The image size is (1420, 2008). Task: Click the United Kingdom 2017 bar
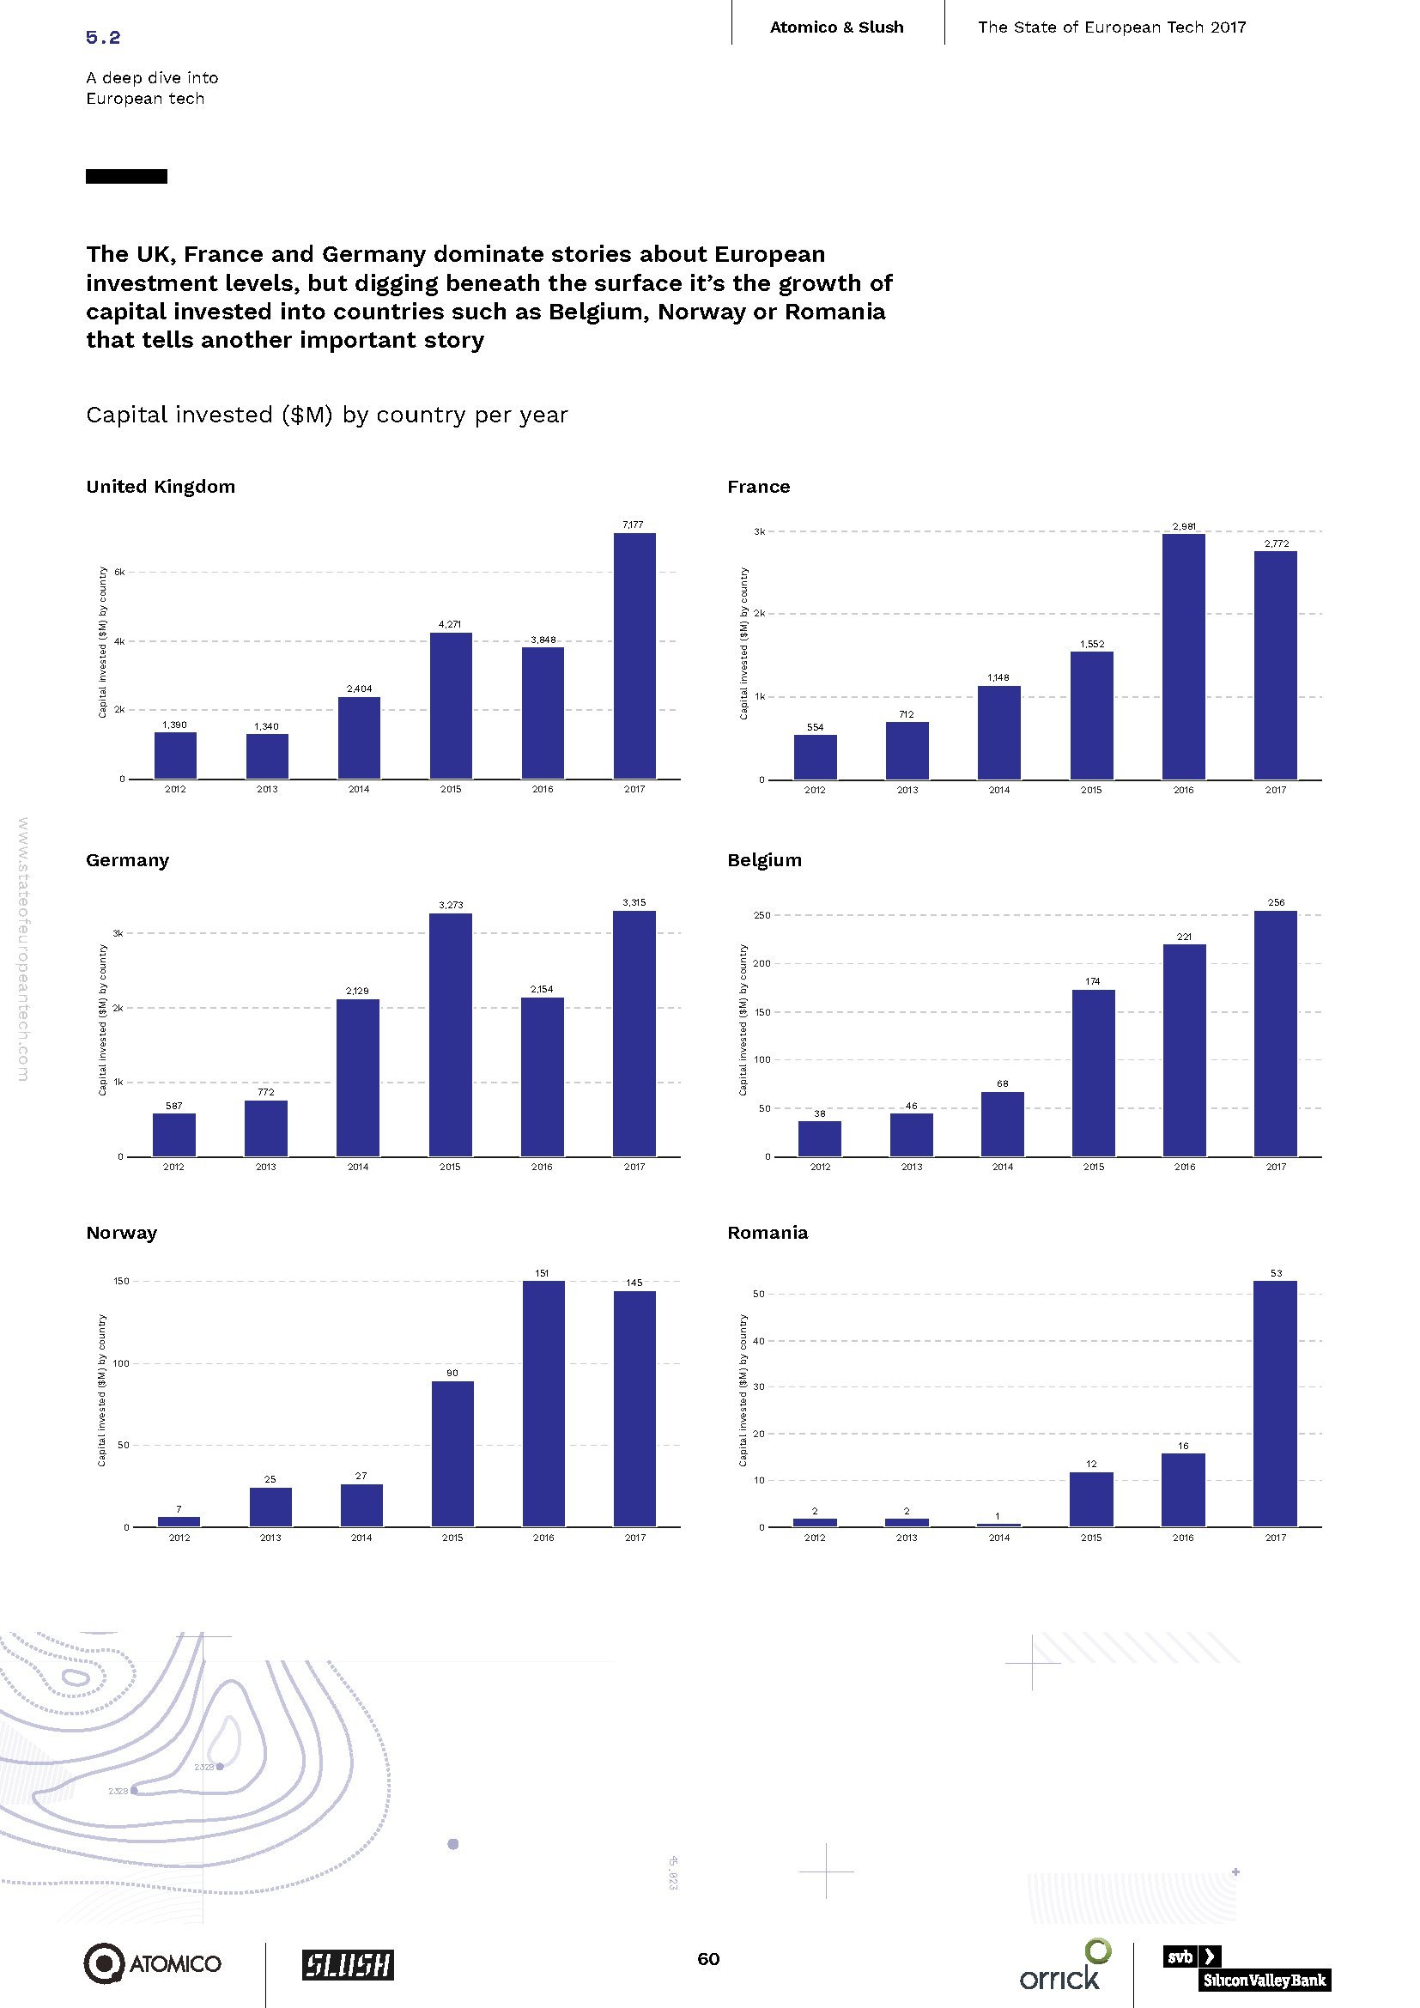(634, 655)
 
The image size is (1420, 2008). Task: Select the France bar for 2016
(1183, 656)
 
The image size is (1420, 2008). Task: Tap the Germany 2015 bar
(451, 1034)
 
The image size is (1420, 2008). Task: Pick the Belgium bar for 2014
(1002, 1124)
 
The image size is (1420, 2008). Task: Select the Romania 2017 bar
(1275, 1404)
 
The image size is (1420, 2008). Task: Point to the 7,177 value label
(632, 525)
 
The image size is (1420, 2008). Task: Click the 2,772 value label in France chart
(1276, 543)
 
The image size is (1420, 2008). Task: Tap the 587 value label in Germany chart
(174, 1106)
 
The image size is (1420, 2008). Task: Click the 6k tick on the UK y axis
(120, 572)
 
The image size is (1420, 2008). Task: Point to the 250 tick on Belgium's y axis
(762, 915)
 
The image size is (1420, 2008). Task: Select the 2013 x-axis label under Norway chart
(270, 1538)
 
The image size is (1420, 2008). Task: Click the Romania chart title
(767, 1232)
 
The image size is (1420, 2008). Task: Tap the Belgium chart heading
(764, 859)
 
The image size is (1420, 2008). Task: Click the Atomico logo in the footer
(152, 1963)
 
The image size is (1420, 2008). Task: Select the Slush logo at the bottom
(348, 1964)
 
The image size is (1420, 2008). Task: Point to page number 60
(708, 1958)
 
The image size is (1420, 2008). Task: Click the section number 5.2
(103, 37)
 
